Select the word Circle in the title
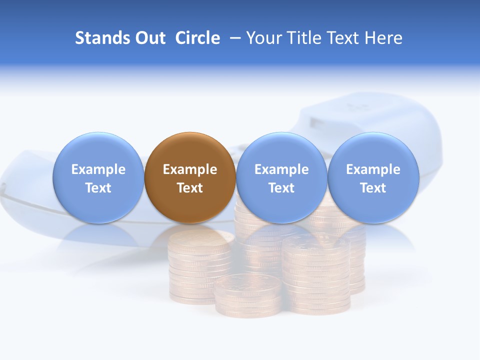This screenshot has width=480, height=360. click(x=197, y=38)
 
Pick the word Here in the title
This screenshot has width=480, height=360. click(x=384, y=38)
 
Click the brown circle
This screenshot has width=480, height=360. click(x=190, y=177)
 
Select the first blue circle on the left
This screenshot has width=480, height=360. click(x=98, y=177)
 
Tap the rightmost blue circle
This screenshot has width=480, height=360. click(x=373, y=177)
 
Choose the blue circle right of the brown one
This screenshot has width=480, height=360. click(x=281, y=177)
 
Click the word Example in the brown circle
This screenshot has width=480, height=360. click(x=190, y=169)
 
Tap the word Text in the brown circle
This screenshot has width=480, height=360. click(x=190, y=188)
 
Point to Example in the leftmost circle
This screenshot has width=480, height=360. click(x=98, y=169)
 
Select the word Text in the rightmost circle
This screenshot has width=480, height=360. click(x=373, y=188)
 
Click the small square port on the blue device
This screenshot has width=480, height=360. click(x=316, y=122)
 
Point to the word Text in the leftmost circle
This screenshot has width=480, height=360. click(x=98, y=188)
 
